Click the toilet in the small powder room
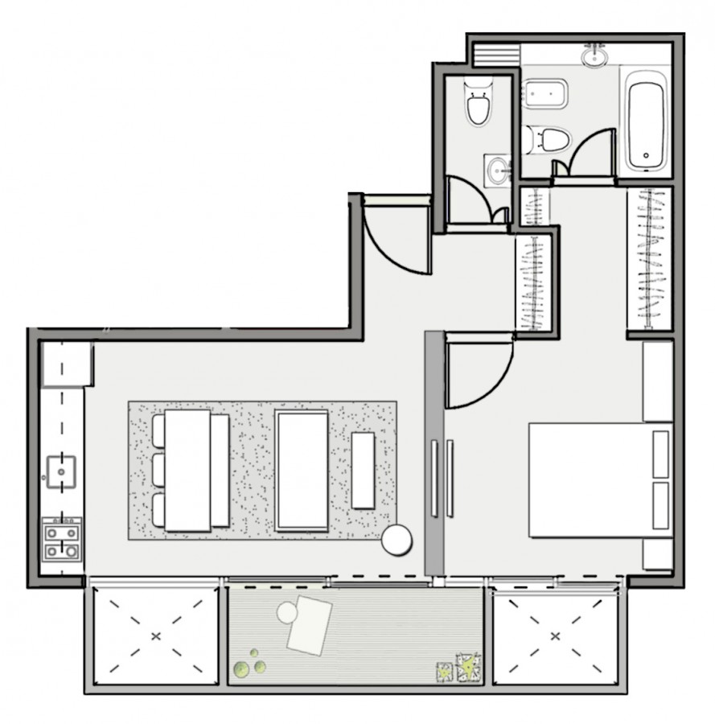pyautogui.click(x=478, y=102)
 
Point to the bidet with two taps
pyautogui.click(x=547, y=95)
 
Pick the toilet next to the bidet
pyautogui.click(x=548, y=139)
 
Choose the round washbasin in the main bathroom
pyautogui.click(x=596, y=57)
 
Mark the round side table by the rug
pyautogui.click(x=397, y=539)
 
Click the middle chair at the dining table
pyautogui.click(x=158, y=471)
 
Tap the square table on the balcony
pyautogui.click(x=310, y=626)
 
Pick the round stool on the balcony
pyautogui.click(x=287, y=613)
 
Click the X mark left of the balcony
pyautogui.click(x=155, y=636)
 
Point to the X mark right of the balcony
pyautogui.click(x=554, y=636)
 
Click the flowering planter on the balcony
pyautogui.click(x=467, y=668)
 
